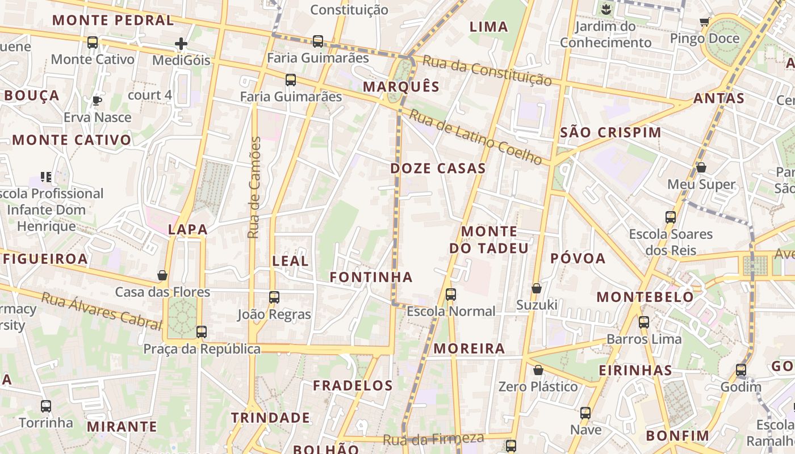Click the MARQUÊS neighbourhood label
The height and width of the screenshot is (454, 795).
pyautogui.click(x=401, y=86)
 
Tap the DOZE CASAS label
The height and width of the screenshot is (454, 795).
pyautogui.click(x=438, y=168)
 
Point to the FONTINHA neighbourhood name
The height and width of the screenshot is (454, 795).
pyautogui.click(x=371, y=277)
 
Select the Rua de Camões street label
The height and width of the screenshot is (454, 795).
pyautogui.click(x=254, y=187)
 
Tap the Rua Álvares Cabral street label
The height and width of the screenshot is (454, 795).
pyautogui.click(x=101, y=310)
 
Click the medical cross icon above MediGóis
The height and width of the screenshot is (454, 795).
pyautogui.click(x=181, y=44)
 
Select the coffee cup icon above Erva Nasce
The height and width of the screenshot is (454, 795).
pyautogui.click(x=97, y=101)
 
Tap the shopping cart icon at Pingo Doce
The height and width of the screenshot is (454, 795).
pyautogui.click(x=705, y=22)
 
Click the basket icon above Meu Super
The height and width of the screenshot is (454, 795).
pyautogui.click(x=701, y=168)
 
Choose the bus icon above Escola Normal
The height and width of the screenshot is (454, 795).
pyautogui.click(x=451, y=295)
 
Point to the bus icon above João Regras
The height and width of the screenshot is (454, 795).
pyautogui.click(x=274, y=297)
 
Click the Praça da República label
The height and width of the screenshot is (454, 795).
pyautogui.click(x=202, y=349)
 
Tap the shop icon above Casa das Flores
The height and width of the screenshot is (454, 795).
pyautogui.click(x=162, y=276)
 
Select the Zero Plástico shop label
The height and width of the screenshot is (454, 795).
pyautogui.click(x=538, y=386)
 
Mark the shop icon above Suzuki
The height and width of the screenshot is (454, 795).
pyautogui.click(x=537, y=289)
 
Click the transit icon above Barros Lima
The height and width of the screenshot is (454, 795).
pyautogui.click(x=644, y=322)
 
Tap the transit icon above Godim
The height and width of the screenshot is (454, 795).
pyautogui.click(x=741, y=371)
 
